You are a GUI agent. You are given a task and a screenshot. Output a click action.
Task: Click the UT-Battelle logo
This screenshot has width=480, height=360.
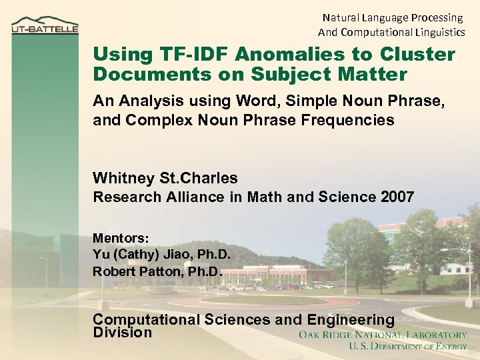(45, 27)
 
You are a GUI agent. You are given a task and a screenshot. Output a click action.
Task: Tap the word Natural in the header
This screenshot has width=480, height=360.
(342, 17)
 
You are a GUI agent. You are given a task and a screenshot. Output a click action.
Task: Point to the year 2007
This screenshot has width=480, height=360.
(398, 197)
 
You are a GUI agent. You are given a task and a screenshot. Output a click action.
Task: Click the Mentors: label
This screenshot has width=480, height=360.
(121, 238)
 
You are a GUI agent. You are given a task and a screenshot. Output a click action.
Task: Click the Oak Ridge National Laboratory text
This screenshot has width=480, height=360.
(383, 335)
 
